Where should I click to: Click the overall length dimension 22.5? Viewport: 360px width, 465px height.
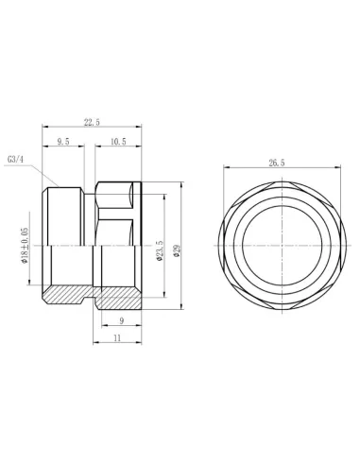(93, 120)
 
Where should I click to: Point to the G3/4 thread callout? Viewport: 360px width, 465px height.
(15, 160)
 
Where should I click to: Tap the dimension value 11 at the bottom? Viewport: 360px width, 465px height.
(116, 336)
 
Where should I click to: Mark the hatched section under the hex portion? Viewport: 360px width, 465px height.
(120, 297)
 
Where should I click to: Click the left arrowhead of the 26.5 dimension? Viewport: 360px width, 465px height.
(226, 169)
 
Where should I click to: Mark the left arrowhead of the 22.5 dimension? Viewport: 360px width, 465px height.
(46, 127)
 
